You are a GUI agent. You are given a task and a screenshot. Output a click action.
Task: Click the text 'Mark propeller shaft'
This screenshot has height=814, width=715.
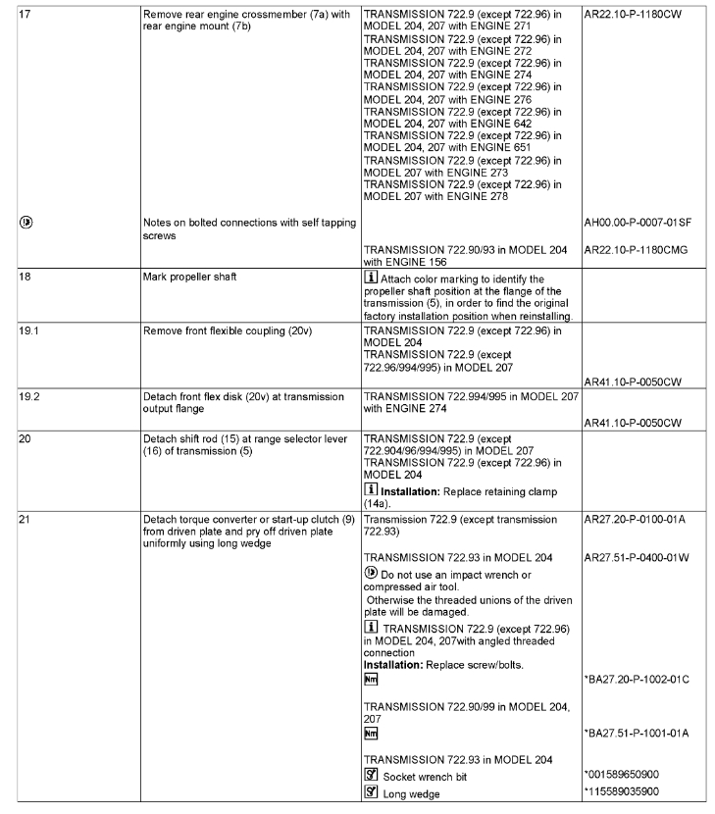187,278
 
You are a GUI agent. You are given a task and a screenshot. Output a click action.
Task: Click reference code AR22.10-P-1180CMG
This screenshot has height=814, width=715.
636,250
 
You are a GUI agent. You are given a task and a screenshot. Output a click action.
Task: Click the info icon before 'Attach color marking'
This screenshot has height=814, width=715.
371,279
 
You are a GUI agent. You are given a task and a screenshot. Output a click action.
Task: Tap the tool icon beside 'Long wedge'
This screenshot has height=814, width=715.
371,792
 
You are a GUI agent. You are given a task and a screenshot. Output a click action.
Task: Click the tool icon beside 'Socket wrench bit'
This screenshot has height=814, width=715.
371,776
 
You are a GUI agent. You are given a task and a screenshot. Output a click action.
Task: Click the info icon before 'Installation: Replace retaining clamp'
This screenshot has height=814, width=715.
371,488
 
